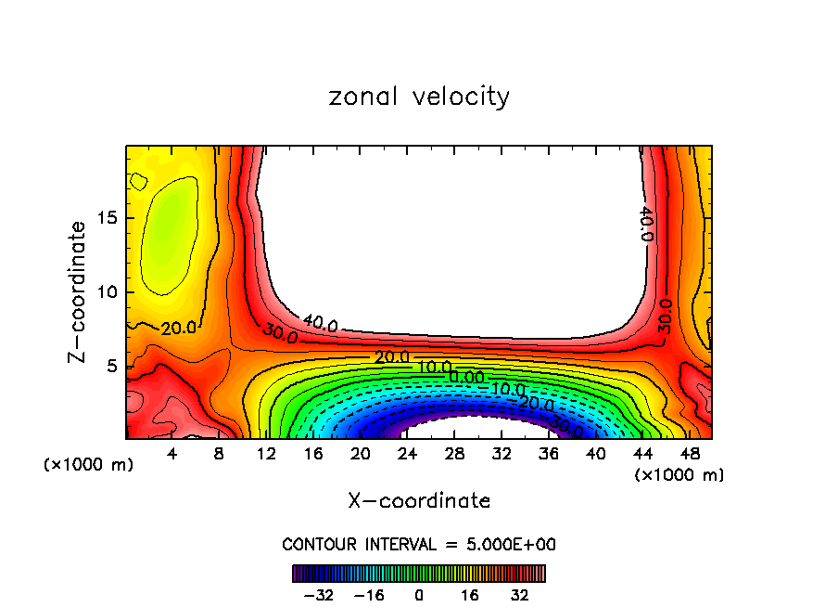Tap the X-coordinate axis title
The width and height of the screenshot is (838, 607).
[419, 501]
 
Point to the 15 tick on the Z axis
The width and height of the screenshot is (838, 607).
[107, 218]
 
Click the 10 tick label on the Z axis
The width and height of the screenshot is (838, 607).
[107, 292]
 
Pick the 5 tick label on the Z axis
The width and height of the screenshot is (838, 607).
[111, 367]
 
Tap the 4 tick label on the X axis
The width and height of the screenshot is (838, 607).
[171, 454]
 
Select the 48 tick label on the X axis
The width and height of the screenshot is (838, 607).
[690, 454]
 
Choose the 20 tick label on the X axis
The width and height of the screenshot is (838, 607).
[360, 454]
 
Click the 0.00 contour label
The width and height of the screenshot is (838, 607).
[466, 377]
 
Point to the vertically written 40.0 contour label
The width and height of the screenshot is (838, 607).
[647, 224]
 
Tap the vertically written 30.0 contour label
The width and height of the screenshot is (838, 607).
[666, 316]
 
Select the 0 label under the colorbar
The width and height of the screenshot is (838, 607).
[419, 595]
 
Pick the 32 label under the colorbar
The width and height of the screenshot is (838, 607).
[519, 595]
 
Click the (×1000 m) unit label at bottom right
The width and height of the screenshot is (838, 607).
[679, 475]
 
